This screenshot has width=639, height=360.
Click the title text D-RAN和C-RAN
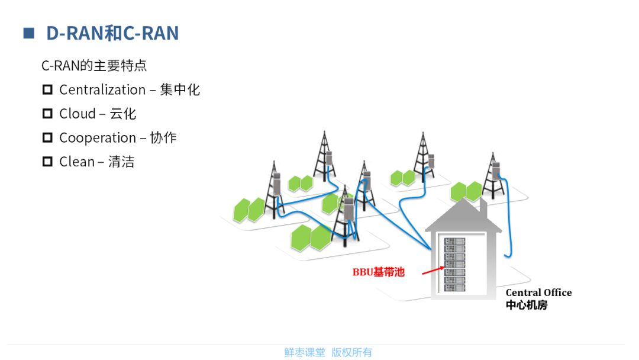(112, 33)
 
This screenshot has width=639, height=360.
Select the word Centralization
(102, 90)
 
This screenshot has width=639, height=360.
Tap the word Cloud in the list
(78, 114)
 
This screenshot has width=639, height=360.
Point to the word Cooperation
(98, 138)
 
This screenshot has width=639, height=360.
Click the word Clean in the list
(77, 162)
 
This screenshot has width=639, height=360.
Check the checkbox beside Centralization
(47, 90)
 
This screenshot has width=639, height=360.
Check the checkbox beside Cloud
(47, 114)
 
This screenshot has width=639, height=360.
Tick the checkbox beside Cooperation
(47, 138)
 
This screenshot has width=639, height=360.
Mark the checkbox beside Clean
(47, 162)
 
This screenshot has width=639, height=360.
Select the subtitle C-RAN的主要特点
(94, 65)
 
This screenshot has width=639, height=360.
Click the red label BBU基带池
(379, 272)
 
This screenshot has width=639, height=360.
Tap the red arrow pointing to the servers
(433, 271)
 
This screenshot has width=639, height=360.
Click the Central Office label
(538, 292)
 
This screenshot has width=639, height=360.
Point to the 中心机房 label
(527, 306)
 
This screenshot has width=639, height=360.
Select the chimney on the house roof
(482, 208)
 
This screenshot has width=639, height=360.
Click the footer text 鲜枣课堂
(305, 352)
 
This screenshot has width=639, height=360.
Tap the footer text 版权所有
(352, 352)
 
